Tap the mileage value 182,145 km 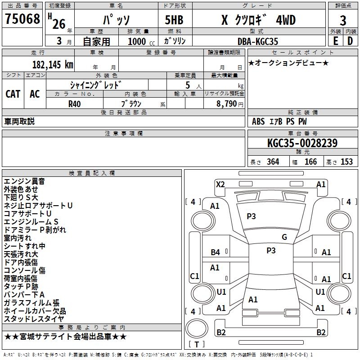pyautogui.click(x=53, y=64)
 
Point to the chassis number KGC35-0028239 pyautogui.click(x=302, y=143)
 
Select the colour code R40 pyautogui.click(x=75, y=103)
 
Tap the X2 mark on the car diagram pyautogui.click(x=220, y=184)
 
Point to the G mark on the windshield pyautogui.click(x=284, y=237)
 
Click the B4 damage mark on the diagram pyautogui.click(x=216, y=252)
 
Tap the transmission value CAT pyautogui.click(x=13, y=94)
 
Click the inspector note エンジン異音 pyautogui.click(x=24, y=181)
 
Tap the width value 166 pyautogui.click(x=310, y=162)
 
